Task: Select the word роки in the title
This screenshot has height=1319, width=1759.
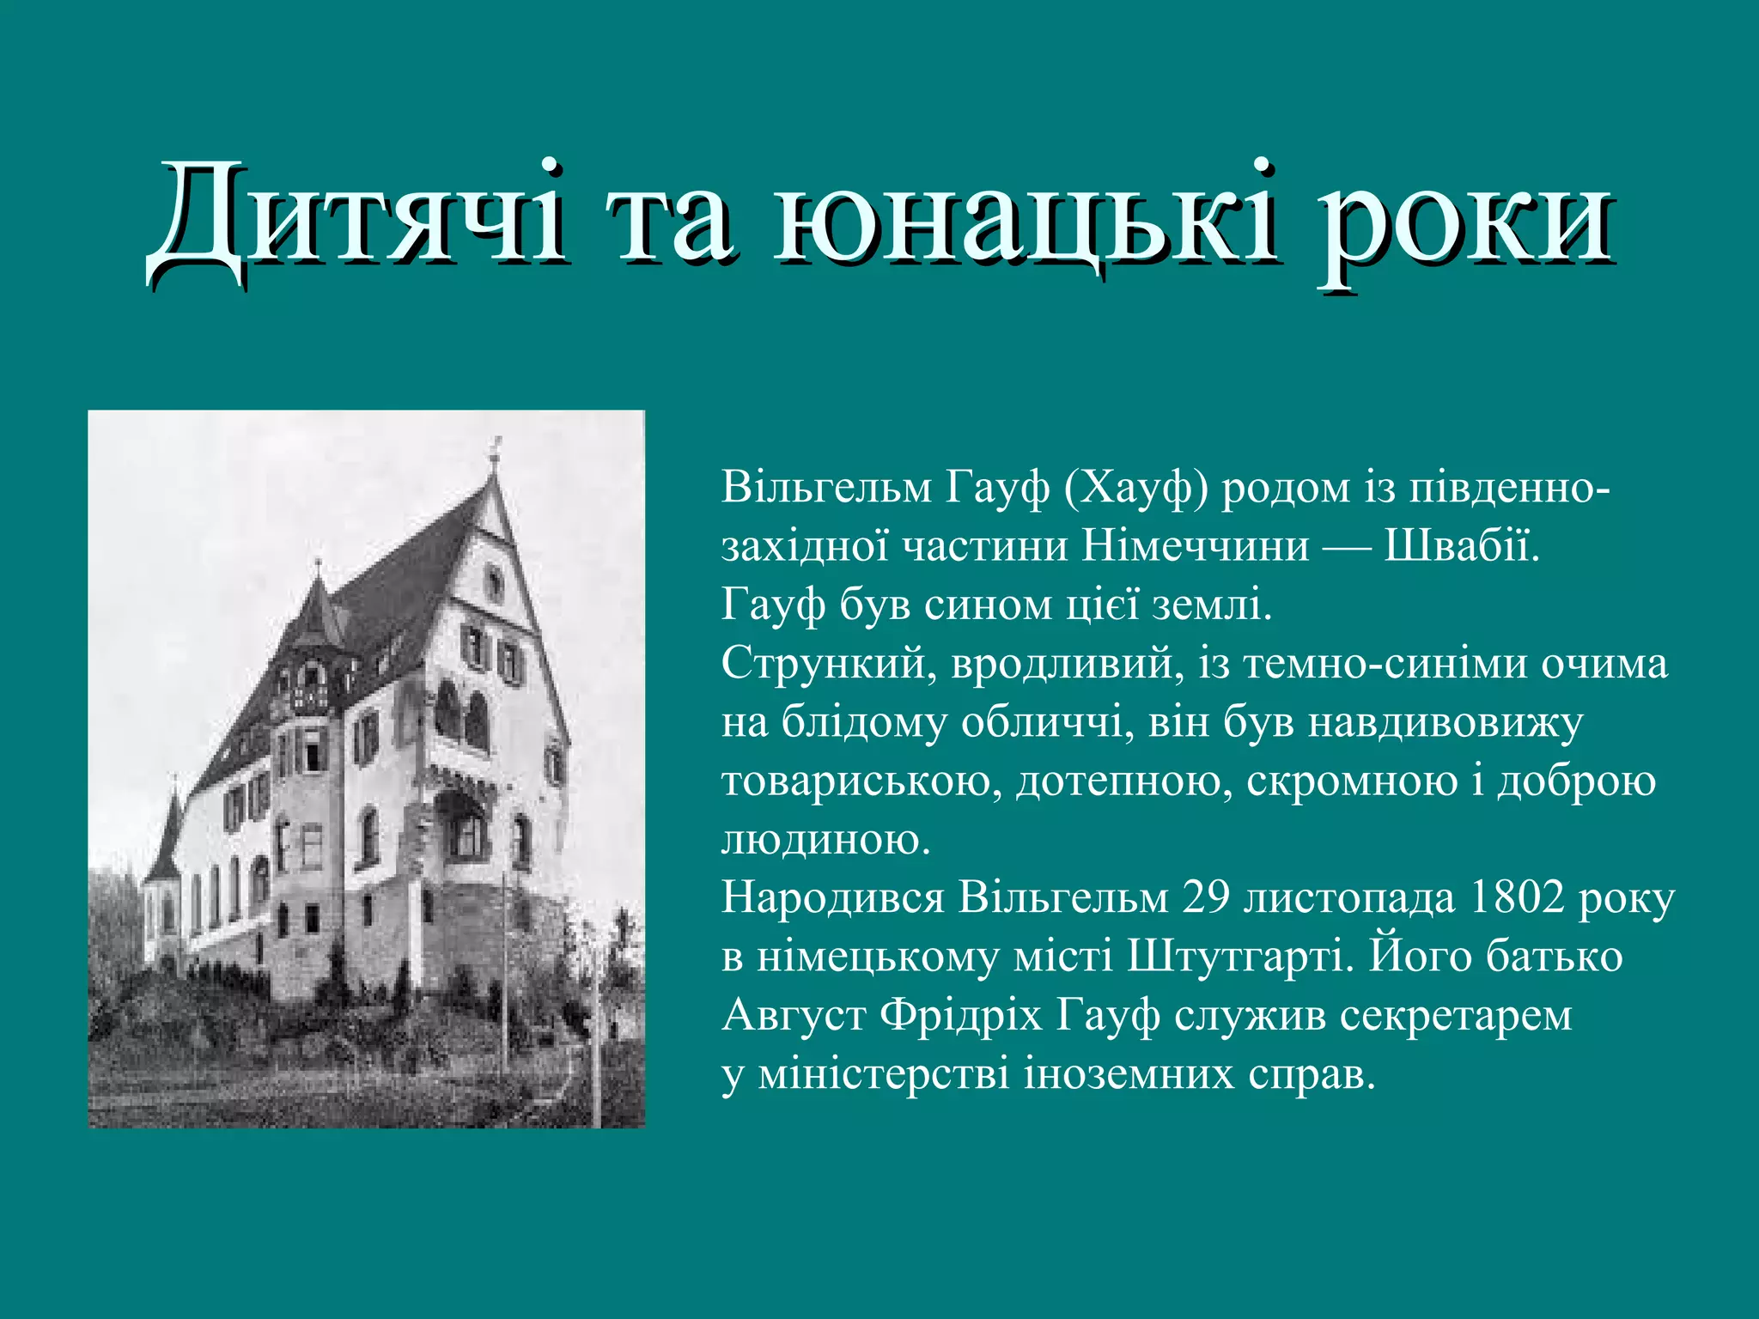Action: (1465, 225)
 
